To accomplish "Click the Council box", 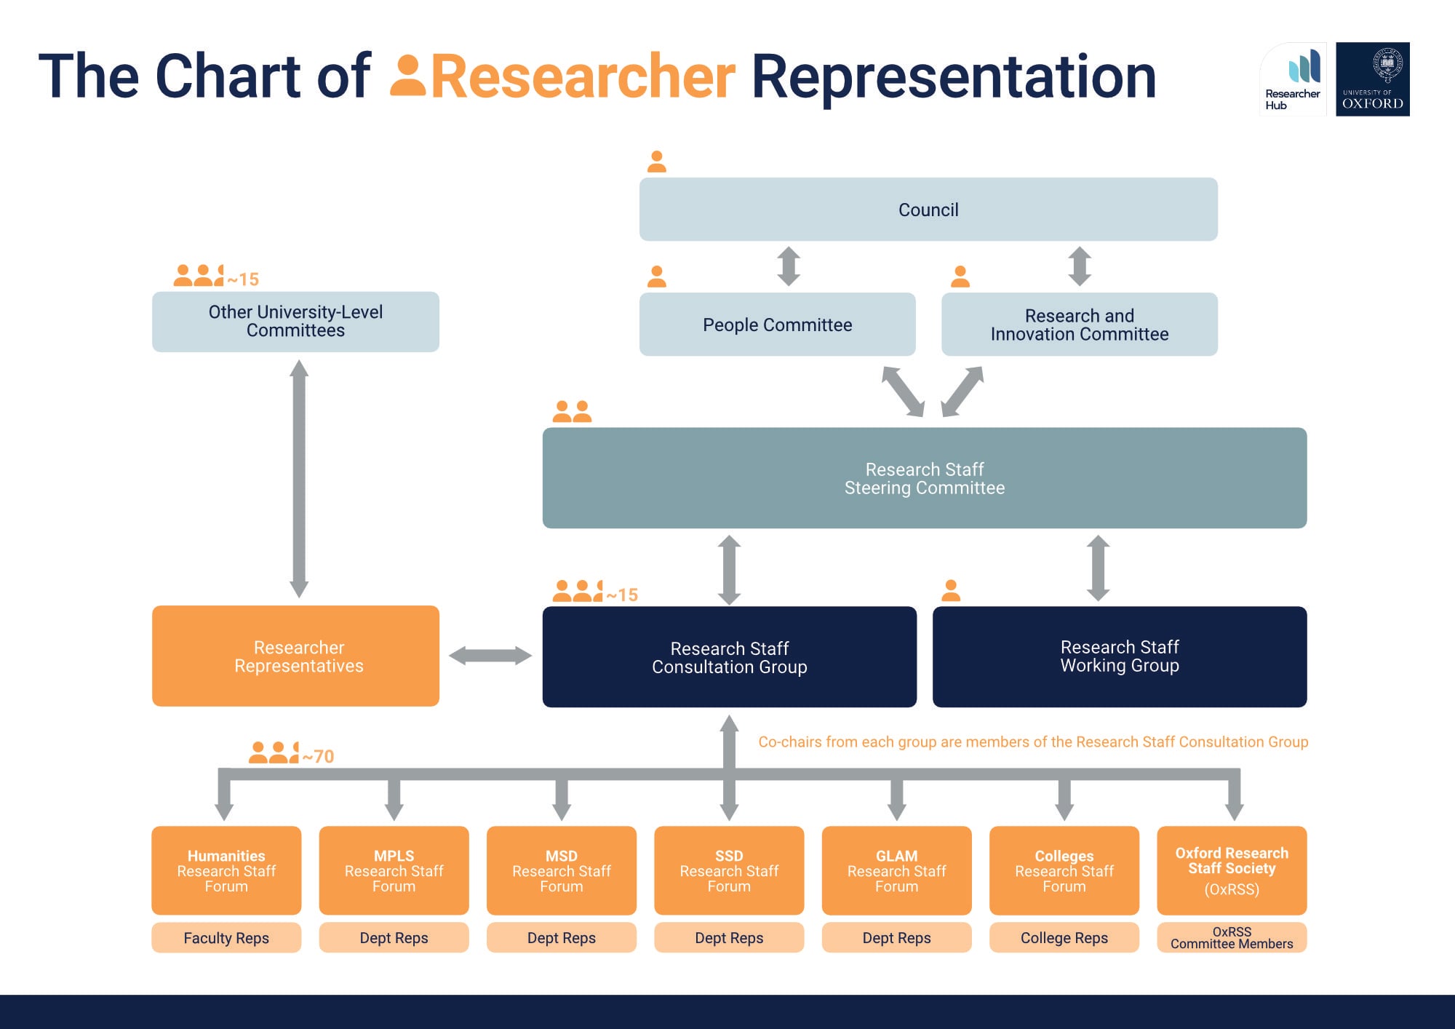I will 928,210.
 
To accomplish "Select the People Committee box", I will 777,325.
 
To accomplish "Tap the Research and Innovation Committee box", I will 1079,325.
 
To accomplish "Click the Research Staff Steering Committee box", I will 924,478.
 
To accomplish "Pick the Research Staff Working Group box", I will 1119,656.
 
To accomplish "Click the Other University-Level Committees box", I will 295,322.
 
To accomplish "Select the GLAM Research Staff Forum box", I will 896,870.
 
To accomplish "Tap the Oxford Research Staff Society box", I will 1231,870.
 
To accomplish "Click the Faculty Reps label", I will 226,938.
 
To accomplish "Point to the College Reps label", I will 1064,938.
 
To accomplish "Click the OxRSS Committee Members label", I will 1231,938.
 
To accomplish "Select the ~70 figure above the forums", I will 319,757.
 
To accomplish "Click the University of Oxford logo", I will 1372,79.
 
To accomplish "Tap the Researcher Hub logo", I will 1293,79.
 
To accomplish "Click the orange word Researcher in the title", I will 582,77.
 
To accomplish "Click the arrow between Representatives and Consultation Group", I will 490,656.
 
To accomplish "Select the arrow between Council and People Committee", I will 789,266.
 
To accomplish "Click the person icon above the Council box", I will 657,162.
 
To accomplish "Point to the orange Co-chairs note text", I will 1033,742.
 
